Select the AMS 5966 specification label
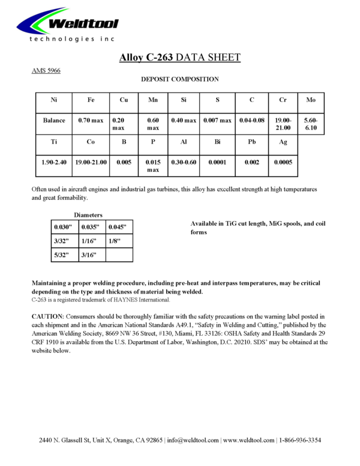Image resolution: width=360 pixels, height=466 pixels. [46, 70]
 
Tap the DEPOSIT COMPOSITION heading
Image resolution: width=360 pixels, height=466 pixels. [179, 79]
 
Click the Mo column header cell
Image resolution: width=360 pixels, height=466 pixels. [310, 100]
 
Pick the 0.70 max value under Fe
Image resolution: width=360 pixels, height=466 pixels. [91, 120]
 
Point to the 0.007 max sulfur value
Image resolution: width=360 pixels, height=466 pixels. [217, 120]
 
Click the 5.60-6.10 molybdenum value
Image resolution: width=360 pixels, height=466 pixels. [311, 124]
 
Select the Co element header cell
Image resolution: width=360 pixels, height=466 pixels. [91, 143]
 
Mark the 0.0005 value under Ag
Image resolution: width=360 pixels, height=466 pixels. [283, 162]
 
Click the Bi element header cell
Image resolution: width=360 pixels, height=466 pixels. [217, 143]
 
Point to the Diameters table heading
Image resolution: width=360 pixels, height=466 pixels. [88, 214]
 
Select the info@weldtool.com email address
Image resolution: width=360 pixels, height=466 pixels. [193, 440]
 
